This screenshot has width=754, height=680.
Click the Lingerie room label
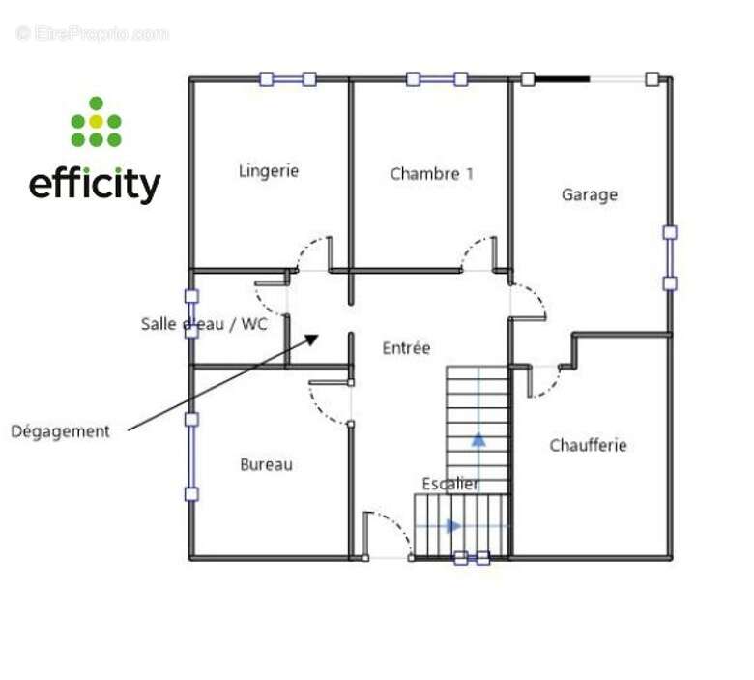[x=269, y=171]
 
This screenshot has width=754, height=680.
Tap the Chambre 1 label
[x=431, y=174]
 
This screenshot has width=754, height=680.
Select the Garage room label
[x=589, y=194]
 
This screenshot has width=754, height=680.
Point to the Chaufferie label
[x=588, y=445]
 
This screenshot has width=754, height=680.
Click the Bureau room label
[x=266, y=464]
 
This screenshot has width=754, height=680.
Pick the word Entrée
[x=406, y=348]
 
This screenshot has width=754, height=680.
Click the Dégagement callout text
[x=60, y=431]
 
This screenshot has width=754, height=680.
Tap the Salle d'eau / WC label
[x=203, y=324]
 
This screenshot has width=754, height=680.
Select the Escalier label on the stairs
[x=450, y=484]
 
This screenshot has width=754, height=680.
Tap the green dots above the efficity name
[x=96, y=123]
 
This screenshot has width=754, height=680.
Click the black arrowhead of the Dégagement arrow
[x=310, y=340]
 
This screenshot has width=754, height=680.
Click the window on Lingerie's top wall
[x=288, y=79]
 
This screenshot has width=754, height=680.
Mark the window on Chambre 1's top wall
[x=437, y=79]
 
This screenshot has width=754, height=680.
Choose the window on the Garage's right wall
[x=669, y=257]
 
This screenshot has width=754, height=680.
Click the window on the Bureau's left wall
[x=191, y=457]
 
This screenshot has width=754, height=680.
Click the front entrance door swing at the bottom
[x=391, y=532]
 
